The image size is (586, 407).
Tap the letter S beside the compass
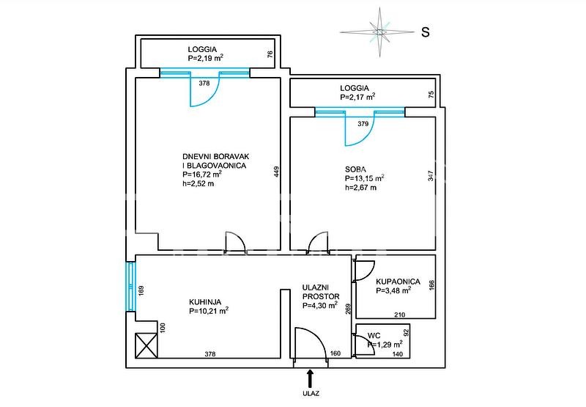426,32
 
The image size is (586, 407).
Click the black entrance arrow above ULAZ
309,379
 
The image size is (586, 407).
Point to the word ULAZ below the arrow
311,393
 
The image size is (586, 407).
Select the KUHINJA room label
205,302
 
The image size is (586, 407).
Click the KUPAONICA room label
398,282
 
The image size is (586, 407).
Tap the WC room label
374,336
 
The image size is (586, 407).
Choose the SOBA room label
355,169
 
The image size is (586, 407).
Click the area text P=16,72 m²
202,175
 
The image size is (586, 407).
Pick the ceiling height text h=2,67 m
360,188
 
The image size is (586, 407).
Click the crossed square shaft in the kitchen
146,345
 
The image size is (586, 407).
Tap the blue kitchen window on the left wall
130,287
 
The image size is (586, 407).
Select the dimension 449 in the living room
277,172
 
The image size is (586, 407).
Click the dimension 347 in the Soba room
431,176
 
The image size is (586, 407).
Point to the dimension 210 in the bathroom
399,315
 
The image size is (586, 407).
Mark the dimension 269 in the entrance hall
349,308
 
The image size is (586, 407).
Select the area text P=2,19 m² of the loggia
206,58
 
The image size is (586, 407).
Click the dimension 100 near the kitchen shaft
163,328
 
